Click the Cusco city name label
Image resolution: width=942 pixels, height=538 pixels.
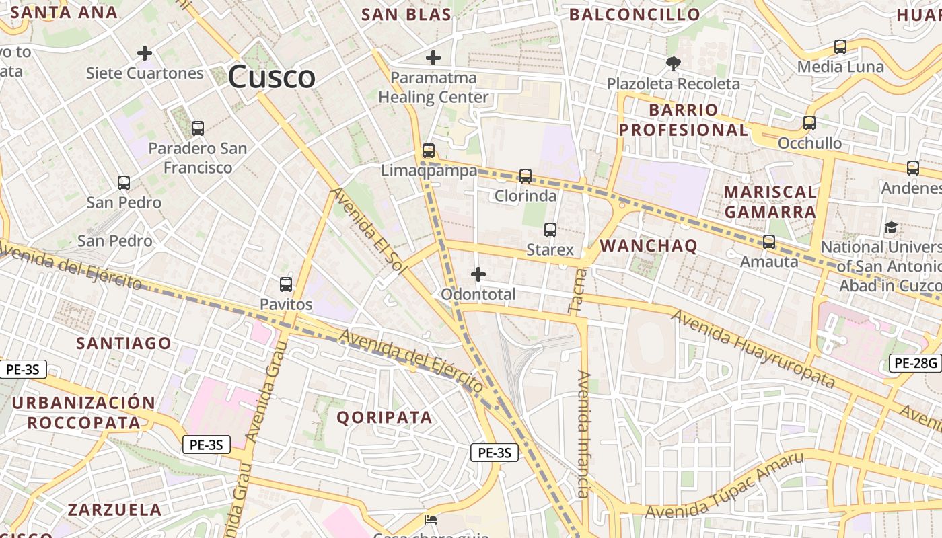[271, 77]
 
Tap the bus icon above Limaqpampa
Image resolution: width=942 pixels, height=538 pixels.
[429, 151]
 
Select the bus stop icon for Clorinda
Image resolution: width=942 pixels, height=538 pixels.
[526, 176]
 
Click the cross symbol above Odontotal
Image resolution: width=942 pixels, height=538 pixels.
[478, 274]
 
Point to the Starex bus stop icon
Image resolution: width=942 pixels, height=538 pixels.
[550, 230]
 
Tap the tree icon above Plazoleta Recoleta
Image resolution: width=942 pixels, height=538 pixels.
[673, 64]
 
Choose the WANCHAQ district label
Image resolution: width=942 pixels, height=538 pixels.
[649, 245]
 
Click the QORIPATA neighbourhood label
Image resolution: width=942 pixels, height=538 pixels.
[384, 417]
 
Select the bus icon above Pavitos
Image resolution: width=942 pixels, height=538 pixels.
[286, 284]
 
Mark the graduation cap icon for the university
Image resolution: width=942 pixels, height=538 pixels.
[892, 227]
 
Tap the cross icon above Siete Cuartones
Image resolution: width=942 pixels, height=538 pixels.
[145, 53]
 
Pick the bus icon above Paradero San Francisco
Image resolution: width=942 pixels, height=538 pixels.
[198, 128]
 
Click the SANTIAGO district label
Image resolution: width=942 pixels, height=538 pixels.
[124, 343]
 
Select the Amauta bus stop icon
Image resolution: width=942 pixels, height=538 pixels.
[769, 242]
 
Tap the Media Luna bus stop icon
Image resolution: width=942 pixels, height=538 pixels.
[840, 47]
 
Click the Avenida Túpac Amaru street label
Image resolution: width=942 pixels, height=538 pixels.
[724, 486]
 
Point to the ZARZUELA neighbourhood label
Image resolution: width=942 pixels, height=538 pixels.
[114, 509]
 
